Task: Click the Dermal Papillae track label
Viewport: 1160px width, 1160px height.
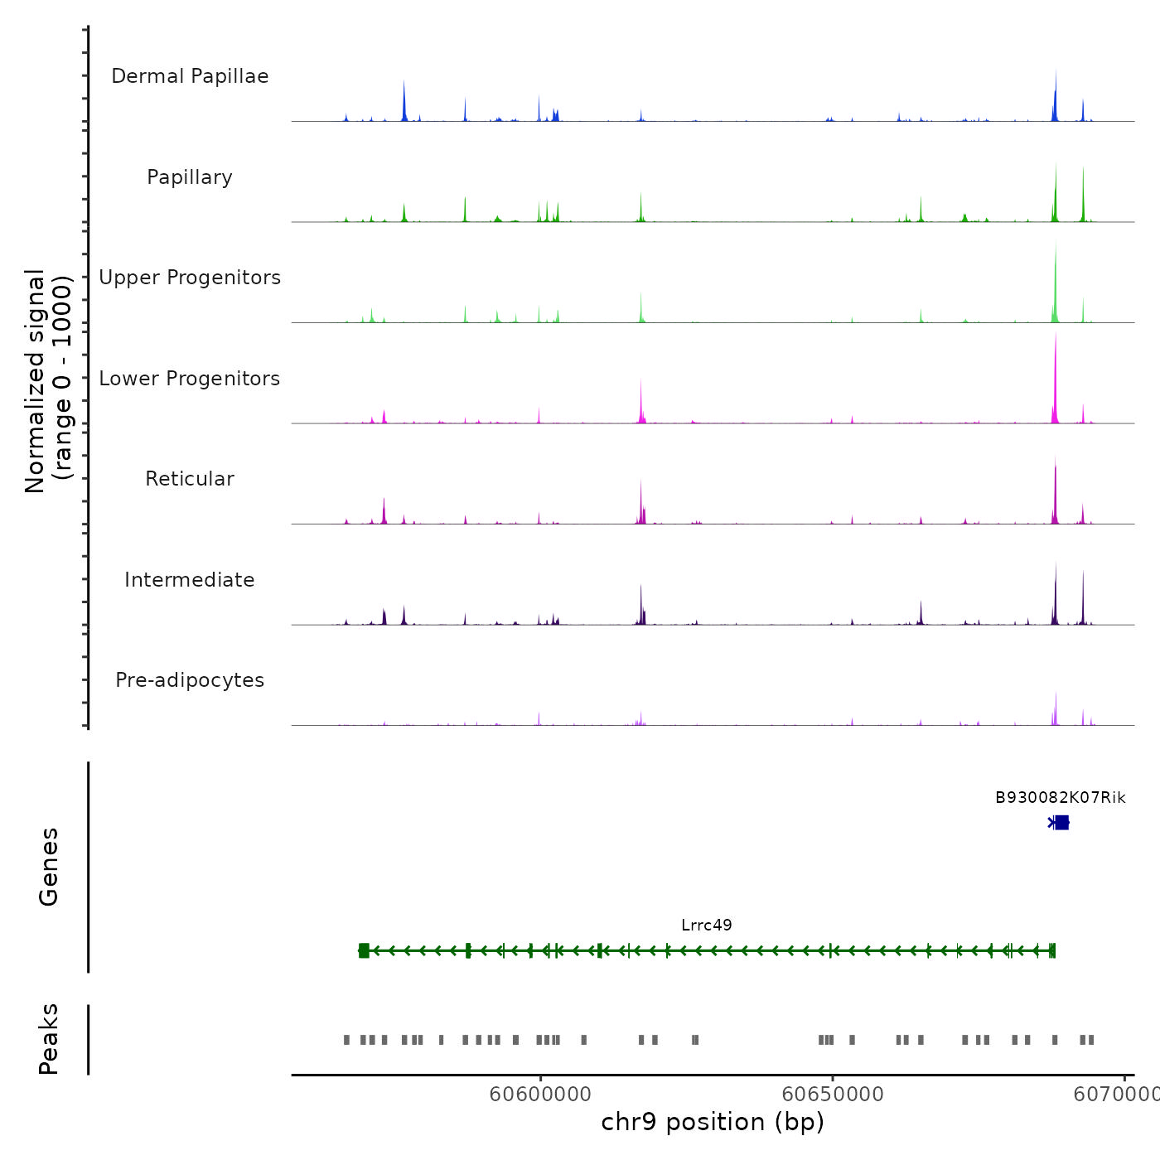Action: (x=190, y=76)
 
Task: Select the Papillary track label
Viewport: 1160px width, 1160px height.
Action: (x=190, y=177)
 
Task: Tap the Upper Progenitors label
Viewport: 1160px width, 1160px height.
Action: (x=190, y=278)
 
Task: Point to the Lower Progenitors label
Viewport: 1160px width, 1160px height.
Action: (x=190, y=379)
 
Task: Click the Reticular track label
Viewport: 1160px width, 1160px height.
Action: (x=190, y=479)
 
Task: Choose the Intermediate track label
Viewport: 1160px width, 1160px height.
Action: (x=190, y=580)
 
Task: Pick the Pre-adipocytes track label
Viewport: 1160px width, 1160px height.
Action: (x=190, y=680)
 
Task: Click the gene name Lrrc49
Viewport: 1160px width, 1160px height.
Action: (x=707, y=926)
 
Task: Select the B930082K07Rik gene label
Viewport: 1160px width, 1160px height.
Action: (x=1060, y=798)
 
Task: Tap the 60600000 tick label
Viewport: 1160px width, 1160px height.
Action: (x=540, y=1095)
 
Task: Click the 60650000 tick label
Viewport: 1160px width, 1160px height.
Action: (x=833, y=1095)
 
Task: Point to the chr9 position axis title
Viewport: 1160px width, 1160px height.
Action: (x=713, y=1122)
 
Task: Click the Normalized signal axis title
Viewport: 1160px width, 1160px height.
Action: (x=48, y=381)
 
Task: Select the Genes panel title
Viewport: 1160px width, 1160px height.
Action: (x=49, y=867)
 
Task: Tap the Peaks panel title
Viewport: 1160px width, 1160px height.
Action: (x=49, y=1039)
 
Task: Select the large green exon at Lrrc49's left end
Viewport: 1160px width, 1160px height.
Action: (x=364, y=950)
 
